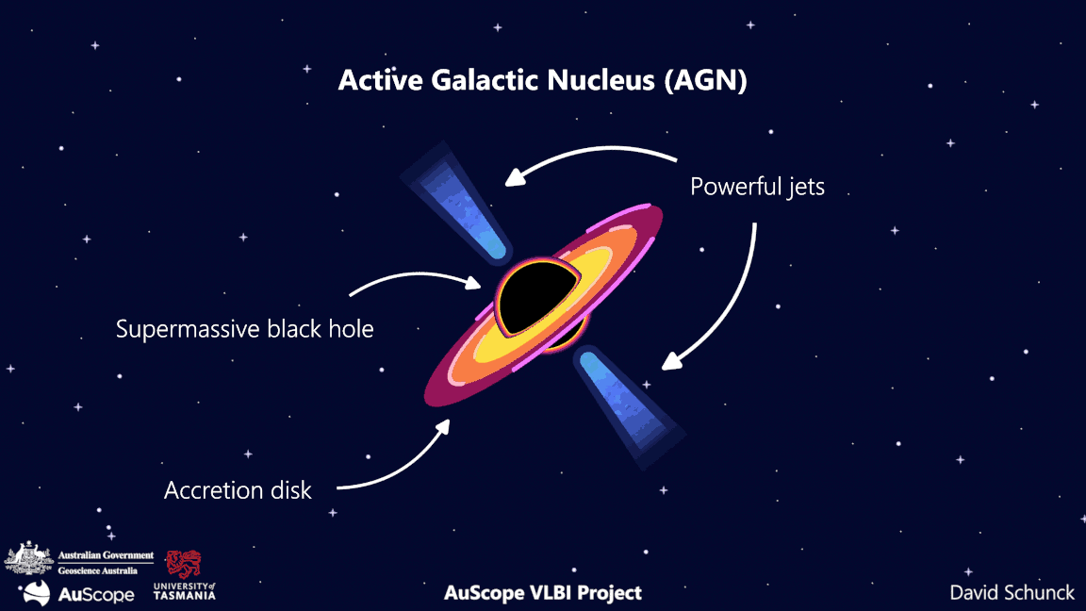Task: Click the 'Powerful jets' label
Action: tap(757, 187)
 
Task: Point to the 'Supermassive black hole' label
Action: tap(245, 329)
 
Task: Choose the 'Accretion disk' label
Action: tap(238, 490)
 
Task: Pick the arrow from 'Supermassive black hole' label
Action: tap(415, 276)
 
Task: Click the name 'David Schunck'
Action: tap(1012, 592)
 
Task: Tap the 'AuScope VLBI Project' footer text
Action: tap(543, 592)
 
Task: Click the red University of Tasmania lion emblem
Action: tap(184, 564)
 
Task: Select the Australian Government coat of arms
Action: tap(28, 559)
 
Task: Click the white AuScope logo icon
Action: tap(37, 592)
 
